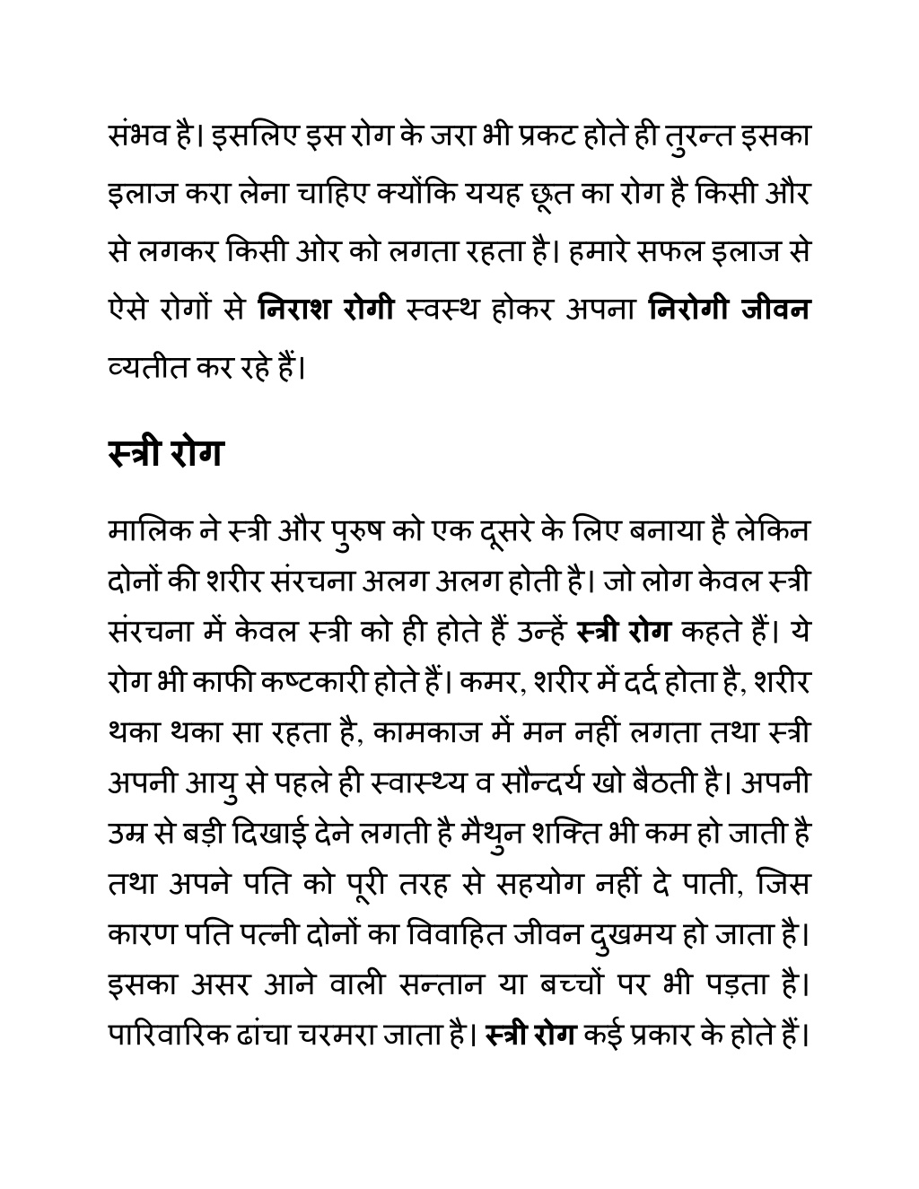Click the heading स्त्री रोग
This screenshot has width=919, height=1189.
pyautogui.click(x=164, y=454)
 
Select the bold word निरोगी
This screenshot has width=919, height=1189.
pyautogui.click(x=687, y=309)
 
